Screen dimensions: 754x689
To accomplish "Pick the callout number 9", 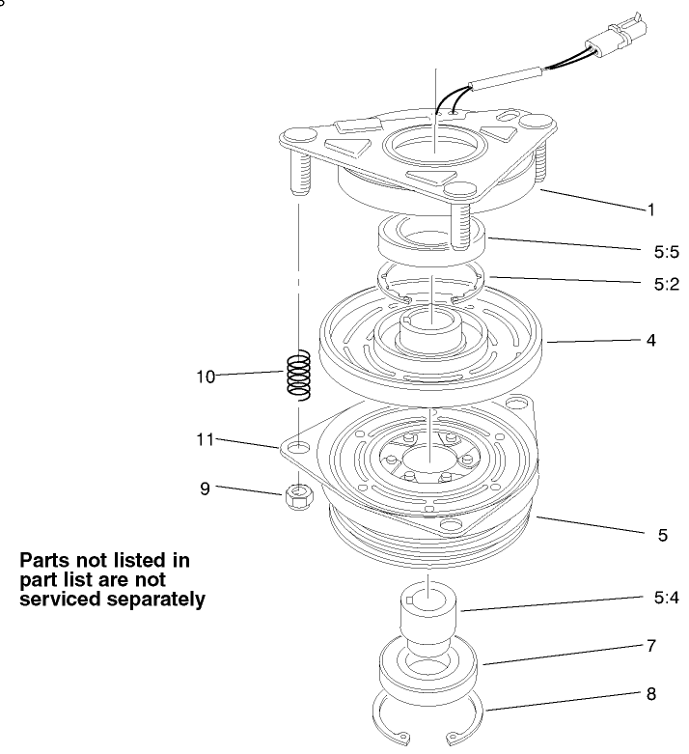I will click(205, 489).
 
